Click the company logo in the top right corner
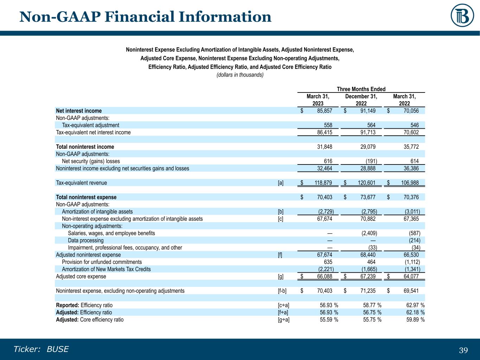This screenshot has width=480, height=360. coord(462,15)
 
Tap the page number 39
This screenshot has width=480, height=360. coord(463,350)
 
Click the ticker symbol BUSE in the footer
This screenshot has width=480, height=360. coord(58,349)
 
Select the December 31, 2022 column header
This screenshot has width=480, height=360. coord(361,100)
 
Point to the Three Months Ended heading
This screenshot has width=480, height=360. coord(361,89)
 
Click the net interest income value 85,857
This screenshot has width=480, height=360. coord(325,111)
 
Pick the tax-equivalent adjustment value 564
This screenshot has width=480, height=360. coord(371,125)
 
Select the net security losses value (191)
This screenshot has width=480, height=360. coord(371,161)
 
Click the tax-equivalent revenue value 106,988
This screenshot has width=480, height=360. coord(410,183)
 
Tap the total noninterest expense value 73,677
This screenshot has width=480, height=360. coord(368,197)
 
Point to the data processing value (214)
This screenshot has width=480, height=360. coord(414,240)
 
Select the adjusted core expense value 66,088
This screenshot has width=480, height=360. coord(325,276)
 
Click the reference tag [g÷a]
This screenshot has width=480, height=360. coord(283,320)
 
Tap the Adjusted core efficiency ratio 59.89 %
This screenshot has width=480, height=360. coord(415,320)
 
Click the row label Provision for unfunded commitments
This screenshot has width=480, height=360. coord(102,262)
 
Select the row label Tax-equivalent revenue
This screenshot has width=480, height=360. coord(81,183)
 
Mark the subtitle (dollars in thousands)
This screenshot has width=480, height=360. coord(240,75)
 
